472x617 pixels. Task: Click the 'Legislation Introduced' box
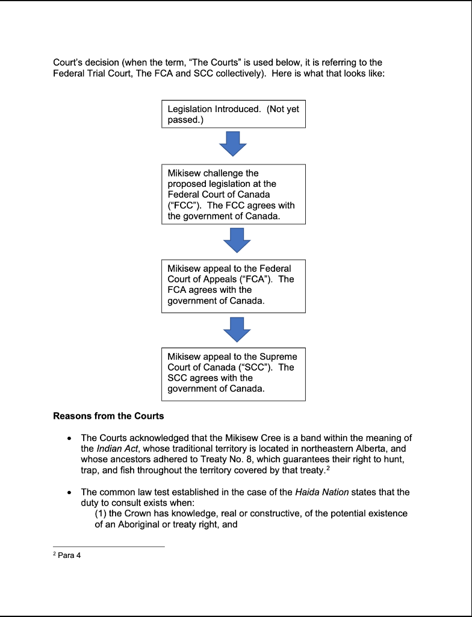pyautogui.click(x=233, y=114)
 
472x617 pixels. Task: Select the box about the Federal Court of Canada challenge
pyautogui.click(x=233, y=194)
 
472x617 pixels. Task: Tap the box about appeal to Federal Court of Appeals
pyautogui.click(x=233, y=286)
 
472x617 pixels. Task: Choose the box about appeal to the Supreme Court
pyautogui.click(x=233, y=374)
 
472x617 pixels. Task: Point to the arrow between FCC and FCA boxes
pyautogui.click(x=237, y=240)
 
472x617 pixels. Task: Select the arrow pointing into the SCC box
pyautogui.click(x=237, y=329)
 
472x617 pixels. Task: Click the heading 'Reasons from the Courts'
pyautogui.click(x=108, y=416)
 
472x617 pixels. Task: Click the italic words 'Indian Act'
pyautogui.click(x=117, y=448)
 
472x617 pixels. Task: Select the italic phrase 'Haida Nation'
pyautogui.click(x=321, y=492)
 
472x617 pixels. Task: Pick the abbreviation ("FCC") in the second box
pyautogui.click(x=182, y=205)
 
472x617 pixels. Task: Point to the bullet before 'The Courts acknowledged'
pyautogui.click(x=71, y=438)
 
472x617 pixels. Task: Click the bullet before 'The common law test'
pyautogui.click(x=71, y=492)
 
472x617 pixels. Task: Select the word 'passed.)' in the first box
pyautogui.click(x=184, y=120)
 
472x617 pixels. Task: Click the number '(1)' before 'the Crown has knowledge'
pyautogui.click(x=101, y=513)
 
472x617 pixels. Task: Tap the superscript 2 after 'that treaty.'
pyautogui.click(x=328, y=468)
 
